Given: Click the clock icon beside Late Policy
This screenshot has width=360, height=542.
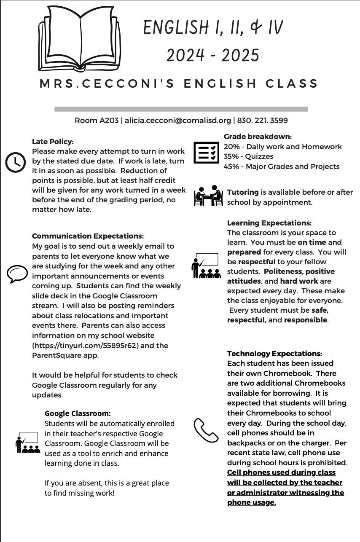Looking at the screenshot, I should (x=16, y=162).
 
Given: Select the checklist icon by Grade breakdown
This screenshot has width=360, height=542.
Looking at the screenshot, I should (x=206, y=153).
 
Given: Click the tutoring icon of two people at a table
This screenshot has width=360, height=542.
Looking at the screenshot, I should (x=208, y=196).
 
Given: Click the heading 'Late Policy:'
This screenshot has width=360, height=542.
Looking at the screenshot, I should (x=53, y=142).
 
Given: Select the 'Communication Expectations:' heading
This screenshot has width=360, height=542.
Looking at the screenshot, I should (x=88, y=236).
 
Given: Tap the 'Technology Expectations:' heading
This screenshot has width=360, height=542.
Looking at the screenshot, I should (x=274, y=354).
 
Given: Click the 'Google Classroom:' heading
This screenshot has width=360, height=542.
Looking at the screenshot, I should (x=78, y=413).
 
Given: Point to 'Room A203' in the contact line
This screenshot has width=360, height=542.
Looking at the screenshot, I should (x=97, y=121).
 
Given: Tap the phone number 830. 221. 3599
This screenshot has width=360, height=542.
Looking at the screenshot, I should (x=263, y=121).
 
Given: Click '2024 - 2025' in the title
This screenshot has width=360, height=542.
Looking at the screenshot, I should (x=213, y=55).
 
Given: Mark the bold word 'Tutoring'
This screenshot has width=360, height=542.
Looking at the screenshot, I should (x=243, y=192).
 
